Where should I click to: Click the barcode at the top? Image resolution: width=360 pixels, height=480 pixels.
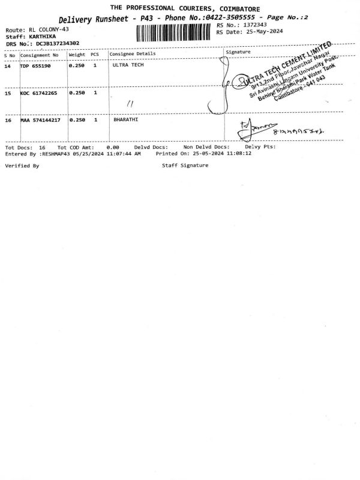coord(175,32)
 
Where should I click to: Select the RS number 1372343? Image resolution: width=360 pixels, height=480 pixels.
coord(254,25)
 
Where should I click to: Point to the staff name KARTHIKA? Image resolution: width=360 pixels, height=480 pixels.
coord(43,36)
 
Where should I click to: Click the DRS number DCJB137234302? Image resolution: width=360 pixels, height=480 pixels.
coord(58,43)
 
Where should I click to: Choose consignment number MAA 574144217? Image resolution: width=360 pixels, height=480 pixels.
coord(40,121)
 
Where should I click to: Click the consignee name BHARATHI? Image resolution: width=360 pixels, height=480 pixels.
coord(125,121)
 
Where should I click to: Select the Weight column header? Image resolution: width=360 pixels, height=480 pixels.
coord(77,55)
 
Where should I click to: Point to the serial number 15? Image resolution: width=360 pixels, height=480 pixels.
coord(8,93)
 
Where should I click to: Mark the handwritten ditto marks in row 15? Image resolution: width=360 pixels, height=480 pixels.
coord(130,103)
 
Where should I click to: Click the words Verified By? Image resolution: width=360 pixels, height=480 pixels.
coord(22,165)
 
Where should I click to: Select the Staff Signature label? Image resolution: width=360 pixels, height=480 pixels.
coord(185,165)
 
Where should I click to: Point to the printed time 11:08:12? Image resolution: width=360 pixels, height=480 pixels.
coord(239,154)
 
